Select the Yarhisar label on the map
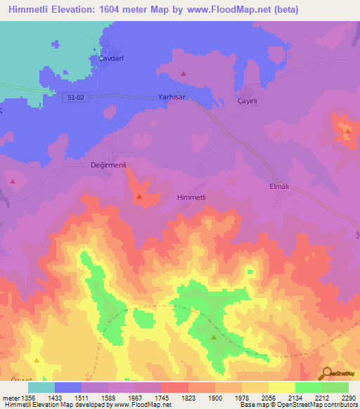pyautogui.click(x=172, y=98)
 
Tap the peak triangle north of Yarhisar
pyautogui.click(x=184, y=73)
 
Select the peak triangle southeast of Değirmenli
pyautogui.click(x=139, y=197)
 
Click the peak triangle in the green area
pyautogui.click(x=214, y=337)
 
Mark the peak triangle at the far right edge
pyautogui.click(x=347, y=131)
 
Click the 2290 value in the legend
pyautogui.click(x=340, y=398)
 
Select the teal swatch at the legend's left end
pyautogui.click(x=41, y=387)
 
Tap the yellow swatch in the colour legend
pyautogui.click(x=281, y=387)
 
